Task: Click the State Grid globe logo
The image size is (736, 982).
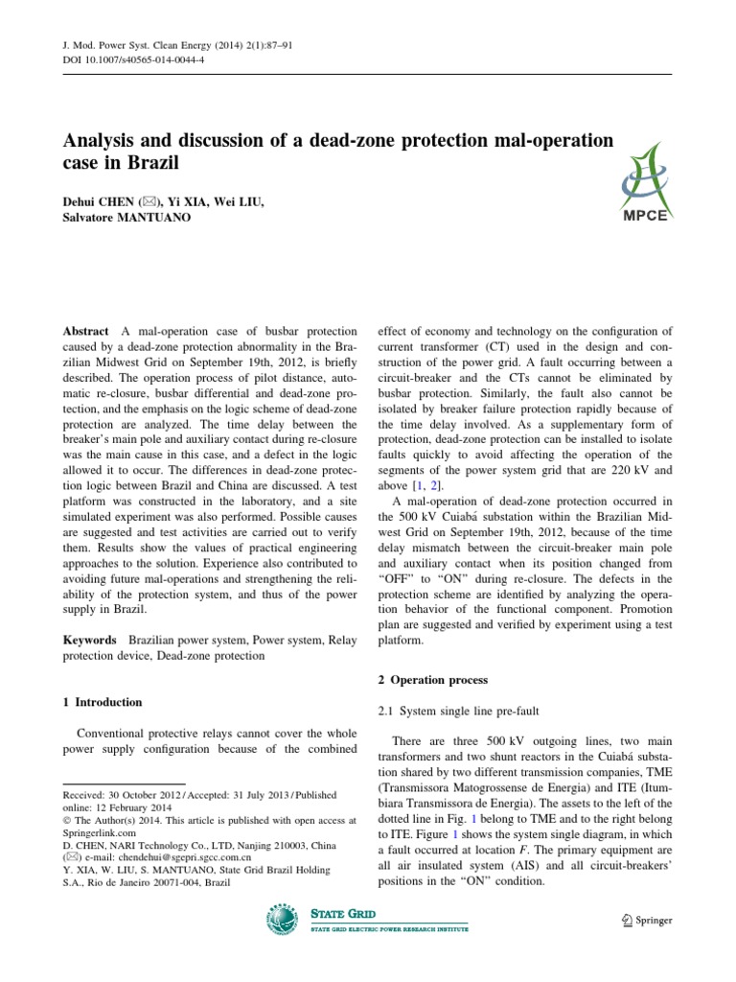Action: click(x=285, y=922)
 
